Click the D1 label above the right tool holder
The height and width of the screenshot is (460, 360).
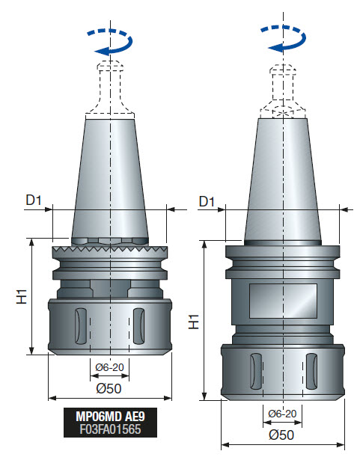pyautogui.click(x=207, y=202)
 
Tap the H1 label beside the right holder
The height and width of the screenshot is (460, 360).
pyautogui.click(x=194, y=322)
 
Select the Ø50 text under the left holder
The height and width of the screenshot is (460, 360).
pyautogui.click(x=109, y=388)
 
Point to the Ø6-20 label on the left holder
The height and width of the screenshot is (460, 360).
pyautogui.click(x=110, y=367)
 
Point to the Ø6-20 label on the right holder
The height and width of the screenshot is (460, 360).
pyautogui.click(x=282, y=414)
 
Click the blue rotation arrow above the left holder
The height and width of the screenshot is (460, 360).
pyautogui.click(x=109, y=43)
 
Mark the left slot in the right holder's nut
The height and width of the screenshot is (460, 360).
pyautogui.click(x=253, y=372)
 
